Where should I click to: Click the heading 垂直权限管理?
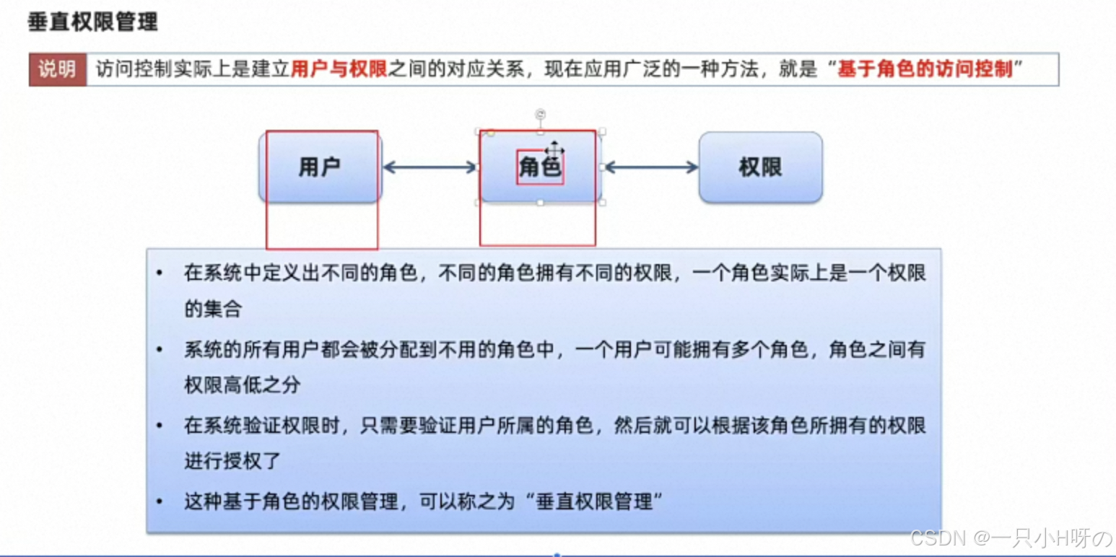(92, 22)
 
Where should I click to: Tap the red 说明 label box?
(58, 70)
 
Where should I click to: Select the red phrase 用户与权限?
(339, 70)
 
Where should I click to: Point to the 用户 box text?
(319, 167)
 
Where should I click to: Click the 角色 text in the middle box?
(540, 167)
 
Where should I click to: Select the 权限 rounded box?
(760, 167)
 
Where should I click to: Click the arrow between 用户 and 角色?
(430, 167)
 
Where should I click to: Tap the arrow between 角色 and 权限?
(650, 167)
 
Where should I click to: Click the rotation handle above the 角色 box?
(540, 114)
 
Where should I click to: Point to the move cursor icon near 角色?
(554, 149)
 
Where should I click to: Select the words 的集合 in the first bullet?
(213, 310)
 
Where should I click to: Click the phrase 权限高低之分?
(242, 385)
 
